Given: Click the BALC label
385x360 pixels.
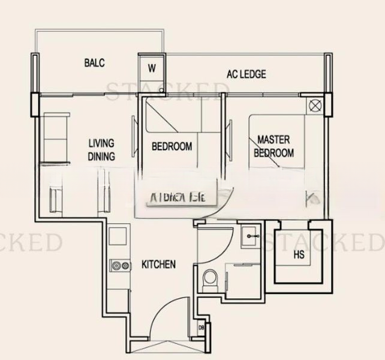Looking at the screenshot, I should (x=95, y=63).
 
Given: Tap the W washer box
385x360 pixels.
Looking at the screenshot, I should (x=152, y=68).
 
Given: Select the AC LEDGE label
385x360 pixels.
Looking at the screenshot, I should (x=246, y=74).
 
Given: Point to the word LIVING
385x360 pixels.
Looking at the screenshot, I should (x=101, y=143).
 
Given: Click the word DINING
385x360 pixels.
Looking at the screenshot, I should (x=101, y=156).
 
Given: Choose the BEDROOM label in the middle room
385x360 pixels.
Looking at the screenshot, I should (x=172, y=146).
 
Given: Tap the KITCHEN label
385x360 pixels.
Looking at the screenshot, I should (x=158, y=264).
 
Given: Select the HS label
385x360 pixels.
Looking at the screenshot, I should (x=299, y=254).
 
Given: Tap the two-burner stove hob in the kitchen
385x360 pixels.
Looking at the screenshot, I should (x=119, y=266).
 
